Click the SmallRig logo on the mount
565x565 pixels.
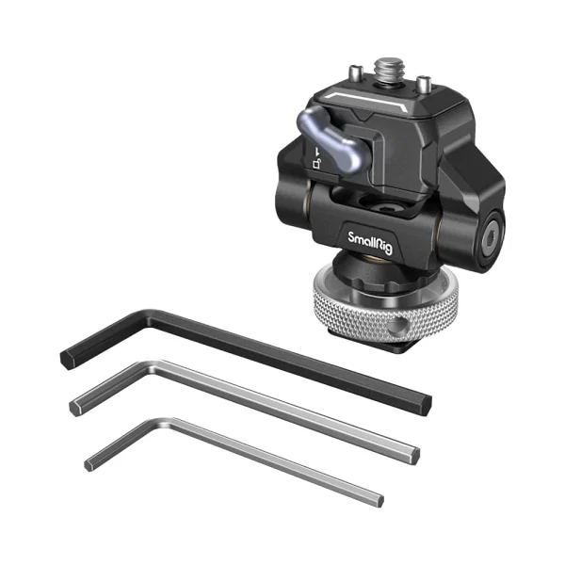click(x=370, y=243)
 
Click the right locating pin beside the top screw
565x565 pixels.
click(x=424, y=84)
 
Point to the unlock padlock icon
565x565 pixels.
click(x=316, y=163)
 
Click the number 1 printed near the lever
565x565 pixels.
click(x=317, y=151)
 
